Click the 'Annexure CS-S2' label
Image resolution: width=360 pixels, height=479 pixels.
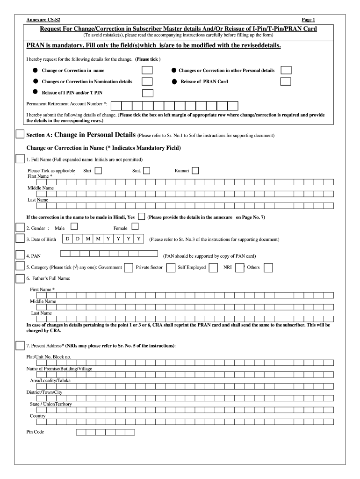point(39,20)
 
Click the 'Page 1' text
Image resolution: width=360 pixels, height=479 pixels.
point(308,20)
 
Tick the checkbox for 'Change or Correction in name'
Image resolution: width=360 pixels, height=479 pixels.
point(147,70)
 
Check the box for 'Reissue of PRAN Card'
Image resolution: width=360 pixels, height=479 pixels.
point(286,81)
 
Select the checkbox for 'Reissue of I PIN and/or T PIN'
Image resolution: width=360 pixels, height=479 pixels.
point(147,93)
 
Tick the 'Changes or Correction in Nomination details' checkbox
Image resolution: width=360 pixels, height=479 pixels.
point(147,81)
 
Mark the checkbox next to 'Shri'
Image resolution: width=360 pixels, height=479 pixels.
point(99,171)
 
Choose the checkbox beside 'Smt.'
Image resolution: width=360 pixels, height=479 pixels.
point(146,171)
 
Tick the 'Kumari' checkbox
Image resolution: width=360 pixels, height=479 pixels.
point(195,171)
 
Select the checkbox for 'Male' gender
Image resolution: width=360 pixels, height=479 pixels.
point(74,226)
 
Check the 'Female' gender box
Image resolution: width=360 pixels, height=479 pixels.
point(135,226)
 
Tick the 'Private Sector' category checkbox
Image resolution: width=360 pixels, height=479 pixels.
point(171,267)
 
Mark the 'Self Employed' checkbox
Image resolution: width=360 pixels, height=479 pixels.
point(213,267)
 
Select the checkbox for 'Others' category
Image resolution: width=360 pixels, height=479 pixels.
point(268,267)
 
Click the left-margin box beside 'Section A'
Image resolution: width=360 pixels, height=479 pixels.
point(20,134)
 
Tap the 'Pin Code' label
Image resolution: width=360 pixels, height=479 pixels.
point(35,432)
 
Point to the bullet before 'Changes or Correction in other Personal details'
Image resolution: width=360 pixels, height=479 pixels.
point(173,70)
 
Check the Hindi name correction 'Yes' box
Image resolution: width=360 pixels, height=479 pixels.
point(141,217)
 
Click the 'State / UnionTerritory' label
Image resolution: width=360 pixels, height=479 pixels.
point(51,404)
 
